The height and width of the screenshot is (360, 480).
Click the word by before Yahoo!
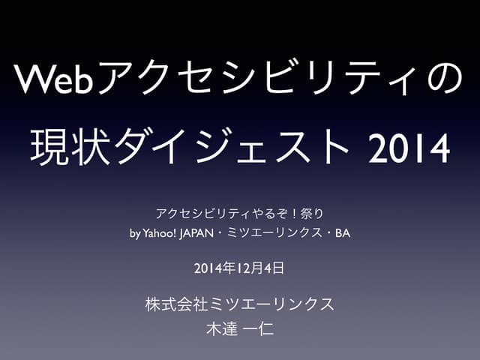[x=134, y=233]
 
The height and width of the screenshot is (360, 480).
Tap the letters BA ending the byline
[x=343, y=233]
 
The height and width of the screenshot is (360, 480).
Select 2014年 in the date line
[x=212, y=266]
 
